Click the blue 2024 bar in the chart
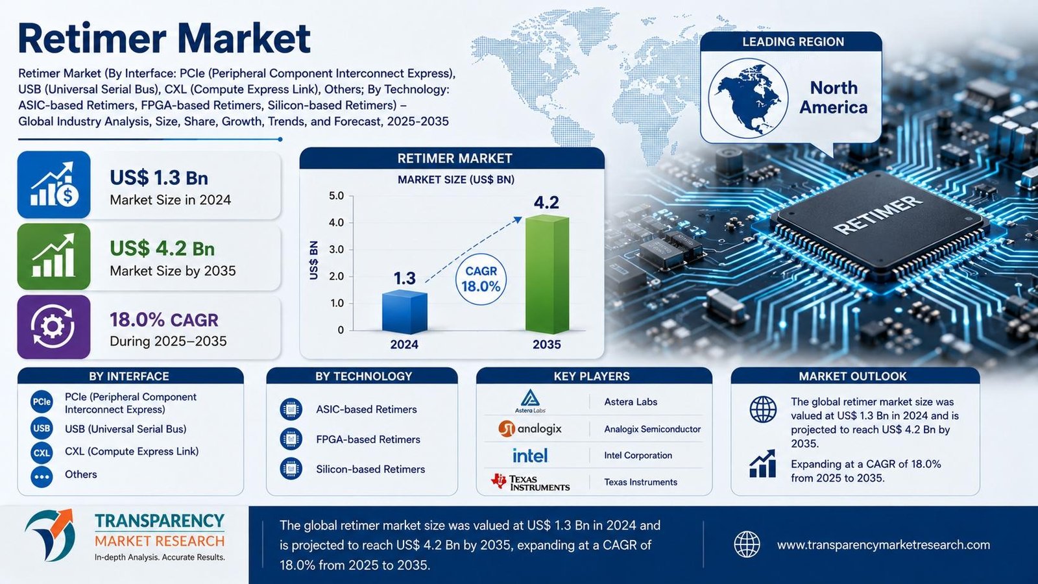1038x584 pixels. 405,311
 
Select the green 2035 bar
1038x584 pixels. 548,274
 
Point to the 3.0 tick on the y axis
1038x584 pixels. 337,250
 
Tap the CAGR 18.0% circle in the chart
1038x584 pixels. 481,279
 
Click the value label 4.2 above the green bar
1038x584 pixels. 546,202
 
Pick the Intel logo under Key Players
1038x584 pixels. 530,456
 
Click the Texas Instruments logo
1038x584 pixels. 531,483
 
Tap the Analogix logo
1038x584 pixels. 530,429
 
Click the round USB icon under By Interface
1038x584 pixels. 42,428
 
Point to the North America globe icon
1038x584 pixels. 748,98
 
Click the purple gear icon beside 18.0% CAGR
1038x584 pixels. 53,327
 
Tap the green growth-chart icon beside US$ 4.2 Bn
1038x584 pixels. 53,256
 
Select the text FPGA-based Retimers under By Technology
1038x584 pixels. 368,439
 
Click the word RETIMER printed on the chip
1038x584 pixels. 878,215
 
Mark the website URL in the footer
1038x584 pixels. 883,544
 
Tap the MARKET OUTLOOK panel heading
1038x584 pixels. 852,376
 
